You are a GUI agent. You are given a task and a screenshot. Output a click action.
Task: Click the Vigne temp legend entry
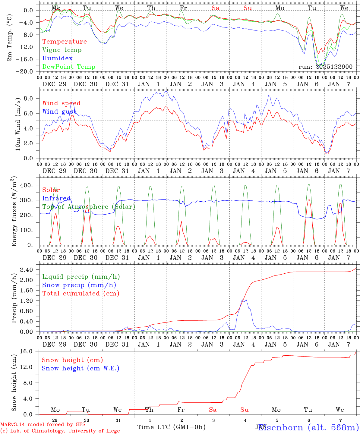click(x=62, y=50)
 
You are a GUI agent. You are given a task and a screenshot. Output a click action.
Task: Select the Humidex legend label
click(x=57, y=58)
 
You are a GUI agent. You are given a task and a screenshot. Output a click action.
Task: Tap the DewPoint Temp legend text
click(x=69, y=67)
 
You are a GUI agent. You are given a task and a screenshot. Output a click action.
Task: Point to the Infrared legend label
click(x=56, y=198)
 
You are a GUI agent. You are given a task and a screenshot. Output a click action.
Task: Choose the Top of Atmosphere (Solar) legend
click(x=89, y=207)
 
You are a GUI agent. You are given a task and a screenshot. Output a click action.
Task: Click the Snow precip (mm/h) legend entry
click(x=79, y=285)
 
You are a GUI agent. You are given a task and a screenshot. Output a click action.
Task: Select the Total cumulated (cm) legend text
click(x=81, y=294)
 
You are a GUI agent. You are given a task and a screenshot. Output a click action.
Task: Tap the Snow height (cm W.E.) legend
click(x=81, y=368)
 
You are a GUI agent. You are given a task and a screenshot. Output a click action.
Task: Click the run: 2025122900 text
click(x=325, y=67)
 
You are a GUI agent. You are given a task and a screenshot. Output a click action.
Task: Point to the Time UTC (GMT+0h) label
click(x=171, y=427)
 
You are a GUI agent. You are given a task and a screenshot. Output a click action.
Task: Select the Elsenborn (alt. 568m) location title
click(x=308, y=427)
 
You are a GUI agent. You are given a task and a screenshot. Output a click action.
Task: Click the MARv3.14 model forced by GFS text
click(x=43, y=424)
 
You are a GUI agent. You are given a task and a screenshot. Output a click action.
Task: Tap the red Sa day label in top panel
click(x=215, y=8)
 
